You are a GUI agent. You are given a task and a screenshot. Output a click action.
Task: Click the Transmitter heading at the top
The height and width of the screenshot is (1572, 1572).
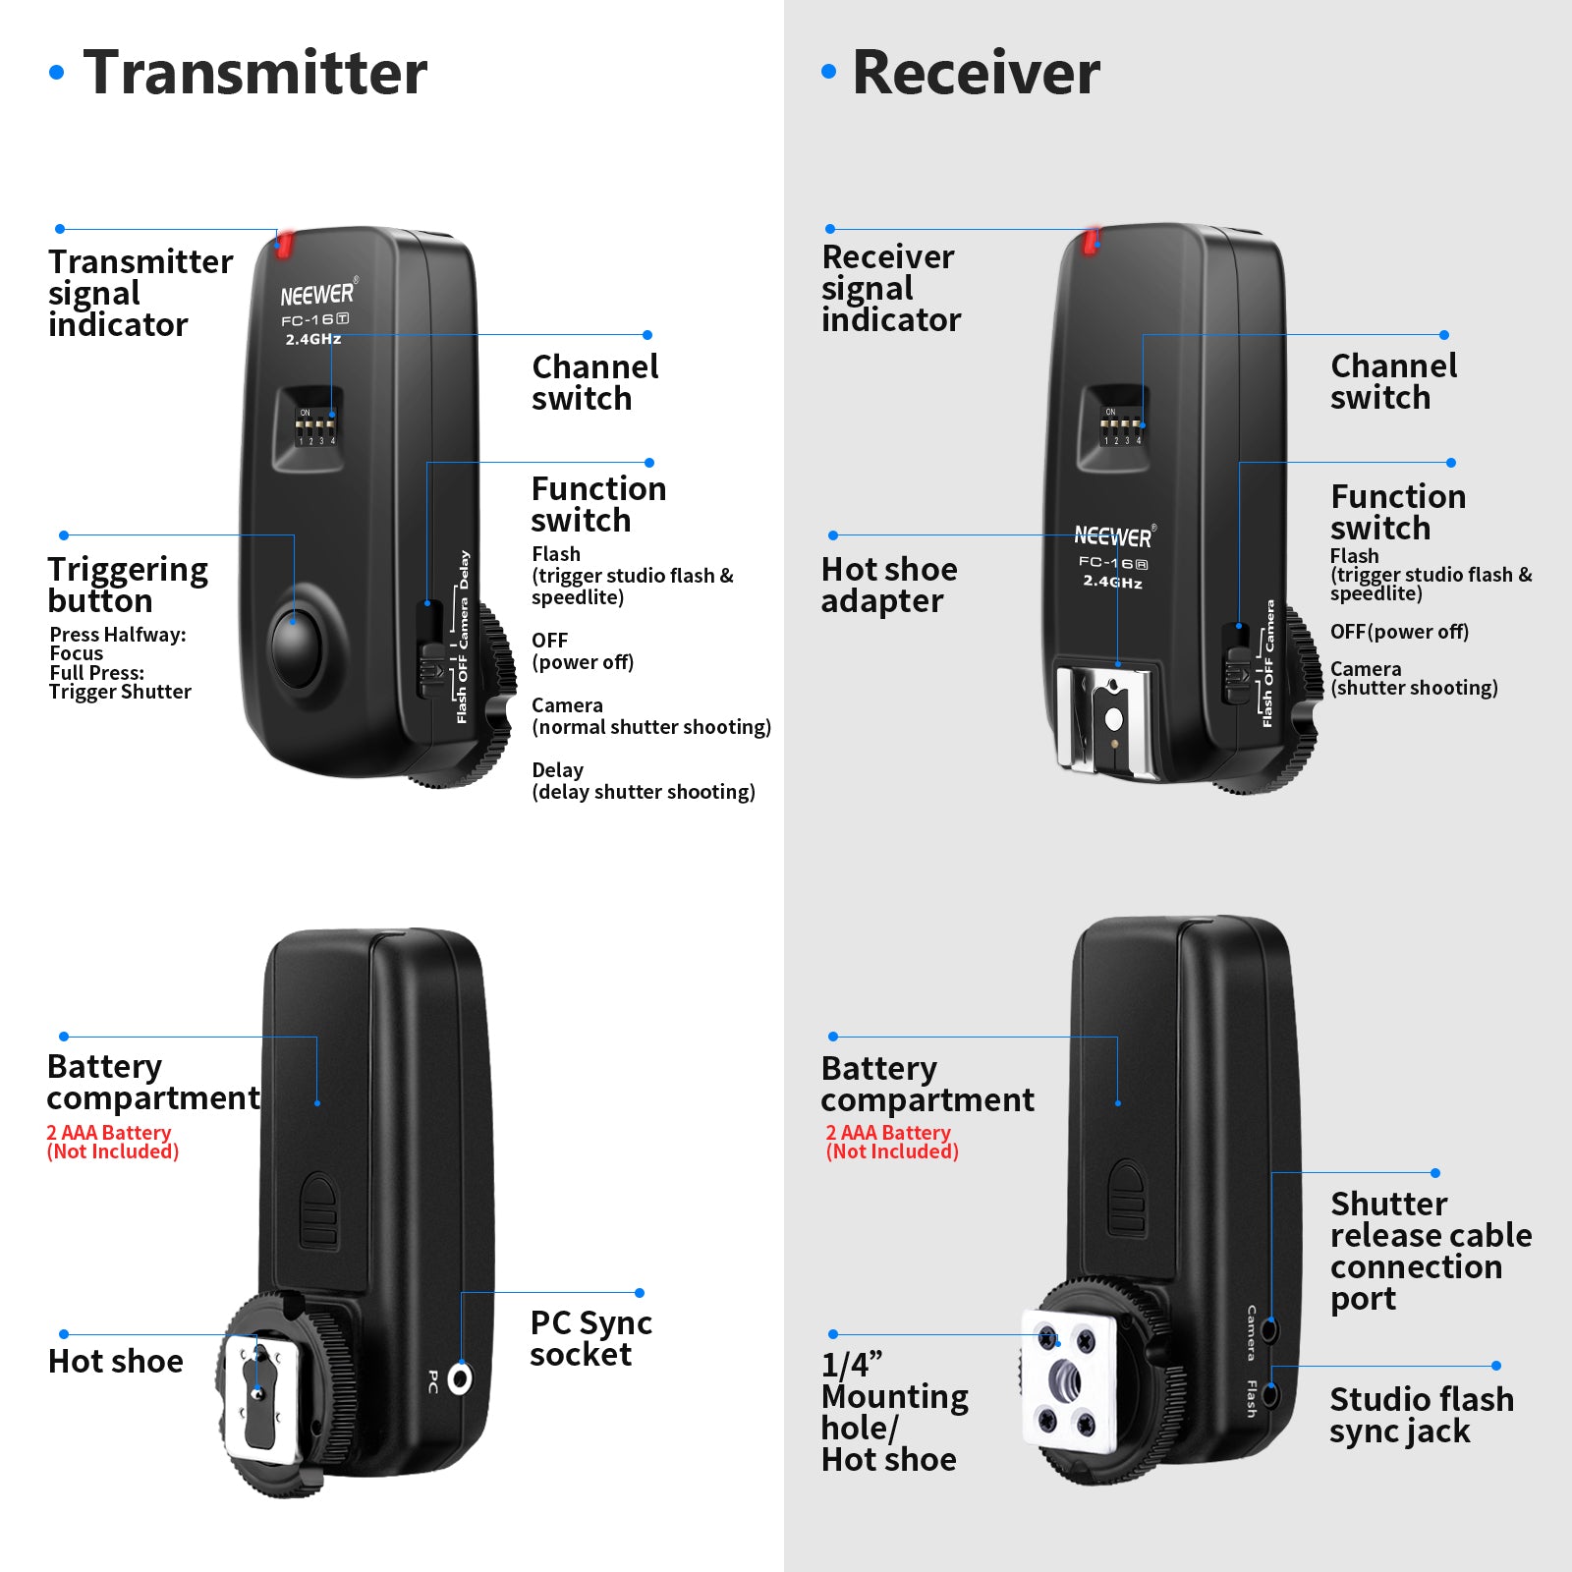click(254, 73)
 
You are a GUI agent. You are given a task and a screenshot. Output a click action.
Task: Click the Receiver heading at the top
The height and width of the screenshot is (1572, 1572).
click(975, 73)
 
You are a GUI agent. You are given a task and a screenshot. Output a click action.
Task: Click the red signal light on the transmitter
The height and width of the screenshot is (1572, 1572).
click(284, 244)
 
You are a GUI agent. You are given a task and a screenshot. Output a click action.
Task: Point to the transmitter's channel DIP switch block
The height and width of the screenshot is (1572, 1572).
click(317, 427)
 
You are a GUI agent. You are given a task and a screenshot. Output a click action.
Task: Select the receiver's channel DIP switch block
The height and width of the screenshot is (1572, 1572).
click(1122, 426)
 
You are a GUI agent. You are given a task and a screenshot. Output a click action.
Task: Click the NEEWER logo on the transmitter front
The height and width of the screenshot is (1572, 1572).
click(316, 295)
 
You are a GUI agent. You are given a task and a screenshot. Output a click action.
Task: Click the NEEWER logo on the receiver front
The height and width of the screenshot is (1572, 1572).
click(1113, 536)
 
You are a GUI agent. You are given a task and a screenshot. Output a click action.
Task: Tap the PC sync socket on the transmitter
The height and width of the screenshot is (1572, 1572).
click(460, 1378)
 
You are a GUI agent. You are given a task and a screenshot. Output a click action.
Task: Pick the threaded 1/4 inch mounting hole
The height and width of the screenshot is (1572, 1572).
click(1067, 1381)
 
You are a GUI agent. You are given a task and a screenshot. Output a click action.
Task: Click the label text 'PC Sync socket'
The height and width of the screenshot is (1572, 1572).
click(590, 1338)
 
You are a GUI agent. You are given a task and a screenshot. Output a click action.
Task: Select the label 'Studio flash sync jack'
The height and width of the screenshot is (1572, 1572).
click(1421, 1415)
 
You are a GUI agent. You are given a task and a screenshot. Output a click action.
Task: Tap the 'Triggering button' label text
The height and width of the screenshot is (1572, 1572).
click(127, 585)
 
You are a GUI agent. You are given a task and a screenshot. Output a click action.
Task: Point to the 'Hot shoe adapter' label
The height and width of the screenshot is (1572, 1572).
click(888, 585)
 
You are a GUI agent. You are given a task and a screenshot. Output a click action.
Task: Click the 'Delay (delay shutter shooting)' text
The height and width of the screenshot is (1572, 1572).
click(643, 781)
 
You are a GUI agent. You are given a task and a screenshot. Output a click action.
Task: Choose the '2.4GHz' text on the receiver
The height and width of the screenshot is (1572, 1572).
click(1112, 582)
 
